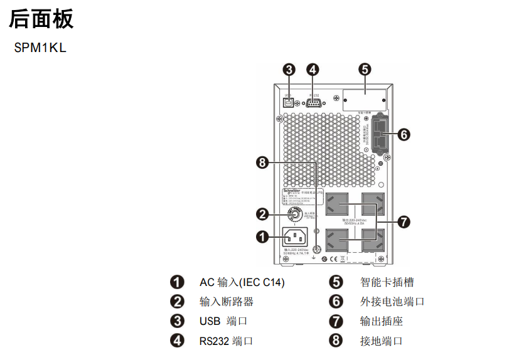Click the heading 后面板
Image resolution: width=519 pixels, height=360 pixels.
pos(41,19)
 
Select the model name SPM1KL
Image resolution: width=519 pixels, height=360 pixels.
pos(40,48)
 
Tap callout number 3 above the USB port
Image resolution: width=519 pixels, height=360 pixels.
pos(289,69)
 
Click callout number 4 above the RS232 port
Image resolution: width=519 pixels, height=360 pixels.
pos(313,69)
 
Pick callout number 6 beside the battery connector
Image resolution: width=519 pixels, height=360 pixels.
pos(404,134)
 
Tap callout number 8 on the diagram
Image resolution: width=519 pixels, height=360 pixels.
pos(263,163)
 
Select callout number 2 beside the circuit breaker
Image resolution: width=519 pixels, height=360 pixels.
pos(263,214)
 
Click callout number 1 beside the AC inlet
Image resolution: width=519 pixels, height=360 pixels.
pos(263,236)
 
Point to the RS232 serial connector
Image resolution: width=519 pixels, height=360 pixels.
pos(314,103)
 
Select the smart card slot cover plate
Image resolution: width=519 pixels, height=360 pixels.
pos(364,100)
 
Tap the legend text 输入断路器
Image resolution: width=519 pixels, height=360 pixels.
pos(227,302)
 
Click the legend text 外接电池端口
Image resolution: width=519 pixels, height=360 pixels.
pos(392,302)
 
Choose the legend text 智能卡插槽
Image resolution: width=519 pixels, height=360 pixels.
pos(387,282)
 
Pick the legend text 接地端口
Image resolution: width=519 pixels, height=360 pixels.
pos(382,341)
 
